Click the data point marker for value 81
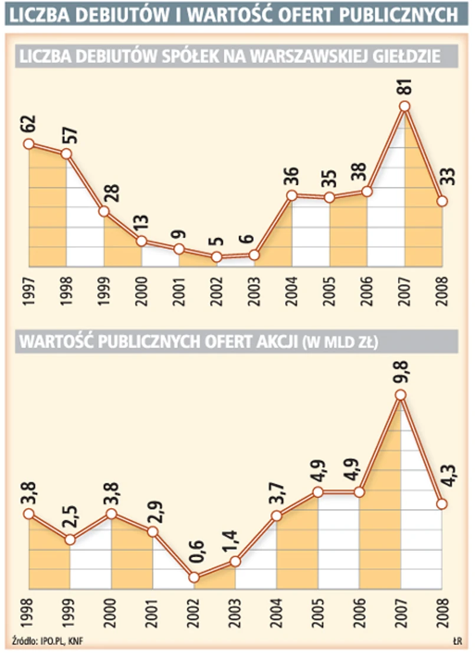[404, 107]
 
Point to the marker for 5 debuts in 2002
[217, 257]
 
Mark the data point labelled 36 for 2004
[291, 196]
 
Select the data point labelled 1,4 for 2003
[235, 561]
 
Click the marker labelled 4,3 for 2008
[442, 504]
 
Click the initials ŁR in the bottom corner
[457, 639]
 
